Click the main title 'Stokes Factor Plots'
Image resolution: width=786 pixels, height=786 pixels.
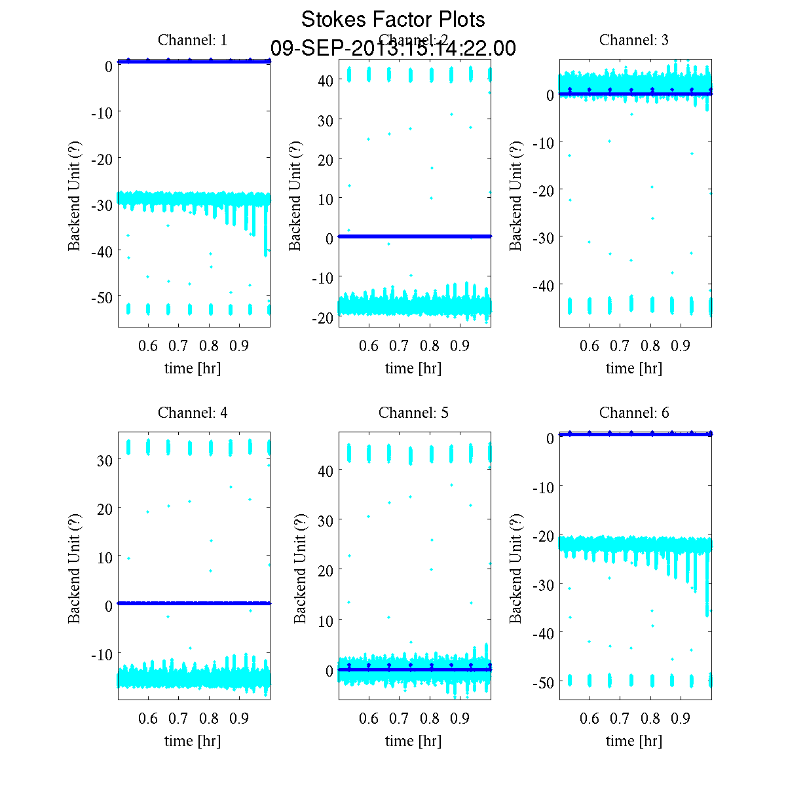(x=393, y=20)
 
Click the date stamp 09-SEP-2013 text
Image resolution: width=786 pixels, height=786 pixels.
(x=393, y=48)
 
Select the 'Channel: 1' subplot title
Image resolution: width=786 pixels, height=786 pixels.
(x=193, y=40)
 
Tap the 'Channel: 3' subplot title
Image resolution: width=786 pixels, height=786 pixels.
(x=634, y=40)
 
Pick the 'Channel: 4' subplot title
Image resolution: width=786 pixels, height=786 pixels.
(x=193, y=413)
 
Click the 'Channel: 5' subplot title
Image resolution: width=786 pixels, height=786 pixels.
(x=413, y=413)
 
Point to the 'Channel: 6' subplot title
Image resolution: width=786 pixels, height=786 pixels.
(x=634, y=413)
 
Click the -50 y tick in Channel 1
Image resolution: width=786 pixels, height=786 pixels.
(x=100, y=297)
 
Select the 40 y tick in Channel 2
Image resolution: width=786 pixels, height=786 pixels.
(x=326, y=80)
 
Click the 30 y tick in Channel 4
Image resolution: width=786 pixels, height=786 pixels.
(x=104, y=460)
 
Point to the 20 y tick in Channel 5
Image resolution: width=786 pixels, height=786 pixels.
(x=326, y=570)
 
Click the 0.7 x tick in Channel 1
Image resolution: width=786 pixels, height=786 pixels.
(x=179, y=346)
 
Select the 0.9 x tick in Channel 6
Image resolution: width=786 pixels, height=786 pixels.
(x=681, y=719)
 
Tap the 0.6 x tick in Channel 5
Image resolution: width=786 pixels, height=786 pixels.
(x=369, y=719)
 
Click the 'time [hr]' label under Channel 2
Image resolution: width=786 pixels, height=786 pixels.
(x=413, y=368)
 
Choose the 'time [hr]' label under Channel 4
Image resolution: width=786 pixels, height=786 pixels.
(x=193, y=741)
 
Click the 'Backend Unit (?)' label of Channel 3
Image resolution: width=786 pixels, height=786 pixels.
(x=517, y=195)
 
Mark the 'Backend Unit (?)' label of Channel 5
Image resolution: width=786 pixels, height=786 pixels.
(x=300, y=567)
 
